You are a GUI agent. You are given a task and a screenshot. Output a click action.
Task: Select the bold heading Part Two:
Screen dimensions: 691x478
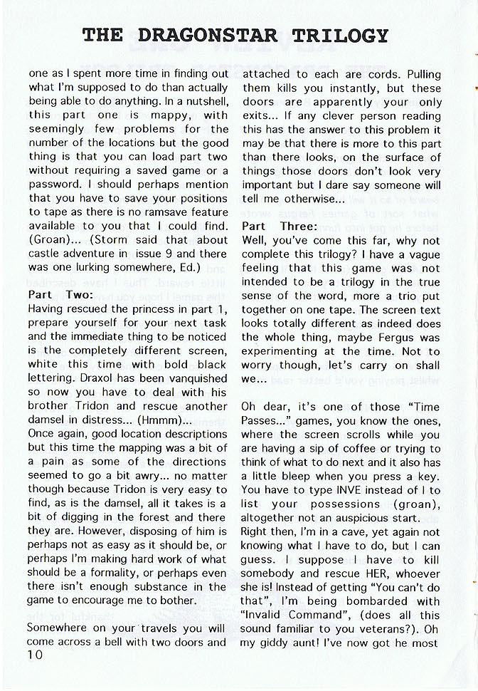pos(60,294)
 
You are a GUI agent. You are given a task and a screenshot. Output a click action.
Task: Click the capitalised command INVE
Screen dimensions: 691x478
pos(358,490)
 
